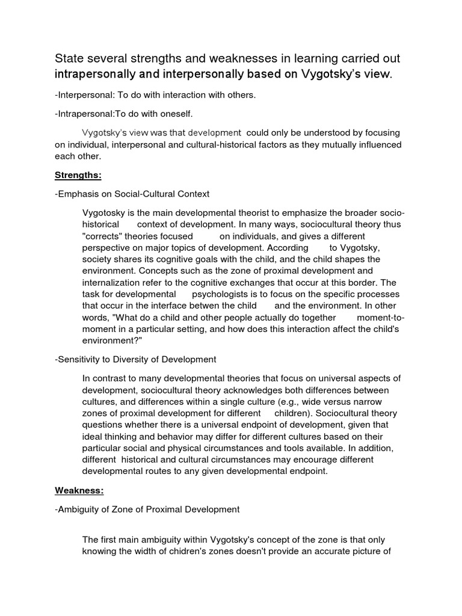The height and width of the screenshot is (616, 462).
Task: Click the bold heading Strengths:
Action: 78,175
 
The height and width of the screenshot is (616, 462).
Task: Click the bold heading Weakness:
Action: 79,490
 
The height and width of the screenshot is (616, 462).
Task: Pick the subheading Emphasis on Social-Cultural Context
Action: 133,194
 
